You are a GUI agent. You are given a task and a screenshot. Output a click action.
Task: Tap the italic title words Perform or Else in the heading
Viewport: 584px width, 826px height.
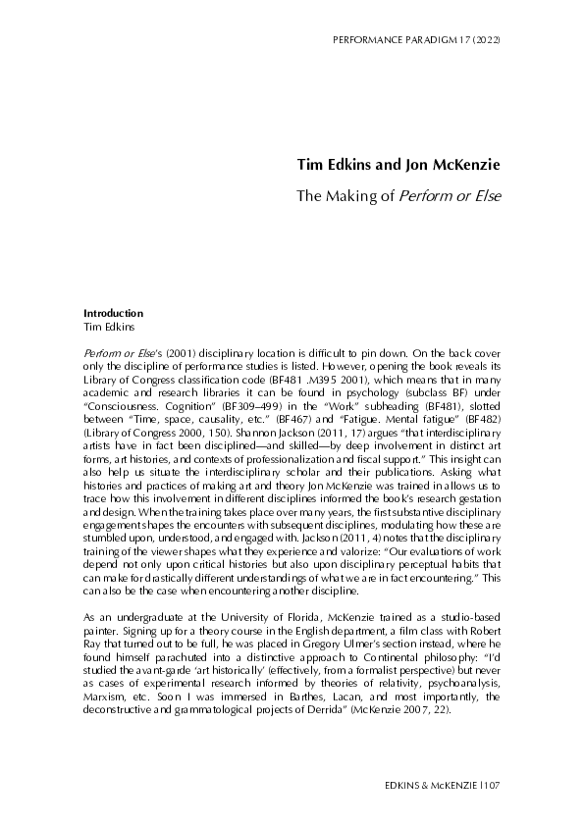[449, 195]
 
